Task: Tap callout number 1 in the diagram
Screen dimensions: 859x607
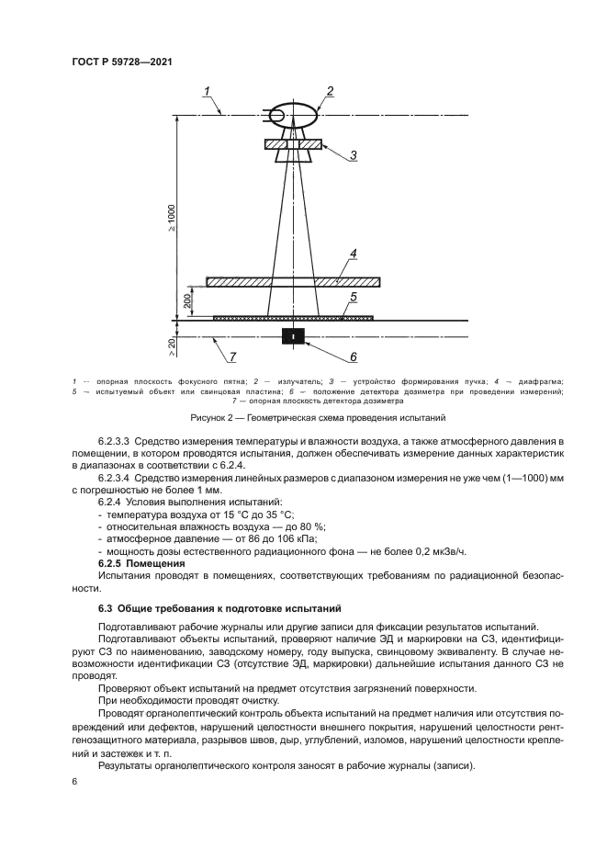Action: coord(208,90)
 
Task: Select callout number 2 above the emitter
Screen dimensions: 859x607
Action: coord(329,90)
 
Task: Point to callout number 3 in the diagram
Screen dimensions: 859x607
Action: coord(352,156)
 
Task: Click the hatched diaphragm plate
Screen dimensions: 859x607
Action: coord(294,281)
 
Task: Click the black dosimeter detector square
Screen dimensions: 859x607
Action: coord(294,336)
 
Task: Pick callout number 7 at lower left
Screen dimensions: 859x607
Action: coord(233,356)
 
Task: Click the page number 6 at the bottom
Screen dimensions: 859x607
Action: coord(75,782)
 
